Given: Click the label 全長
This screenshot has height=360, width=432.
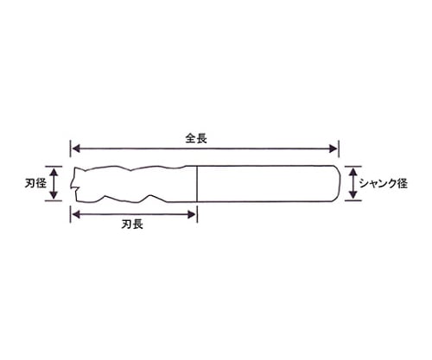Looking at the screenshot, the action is point(196,139).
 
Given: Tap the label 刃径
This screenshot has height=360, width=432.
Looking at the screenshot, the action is point(35,183).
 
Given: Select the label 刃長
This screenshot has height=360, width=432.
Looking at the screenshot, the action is point(132,224).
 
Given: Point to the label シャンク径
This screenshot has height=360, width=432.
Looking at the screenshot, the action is point(384,183).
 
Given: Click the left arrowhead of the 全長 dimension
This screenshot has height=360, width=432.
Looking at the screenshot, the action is point(76,148).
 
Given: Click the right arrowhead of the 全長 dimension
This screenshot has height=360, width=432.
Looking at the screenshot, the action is point(334,148).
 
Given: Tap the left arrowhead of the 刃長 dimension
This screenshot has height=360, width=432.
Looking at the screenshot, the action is point(76,214).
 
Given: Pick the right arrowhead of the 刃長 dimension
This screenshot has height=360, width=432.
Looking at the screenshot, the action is point(192,214).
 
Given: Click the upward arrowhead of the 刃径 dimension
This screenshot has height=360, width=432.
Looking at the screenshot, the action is point(54,172).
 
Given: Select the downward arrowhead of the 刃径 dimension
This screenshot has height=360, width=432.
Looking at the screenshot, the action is point(54,195).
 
